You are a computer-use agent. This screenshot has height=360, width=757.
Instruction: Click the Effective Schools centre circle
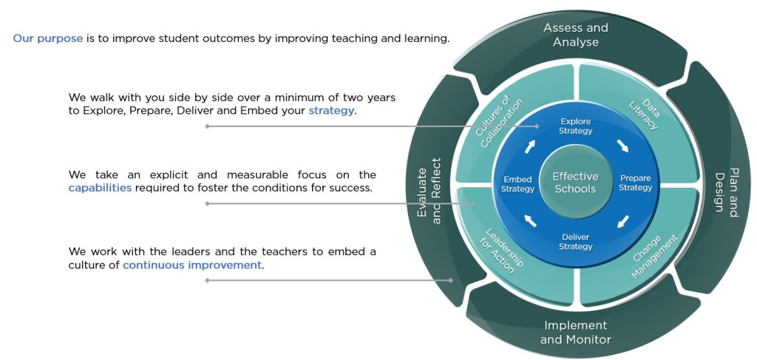(x=575, y=183)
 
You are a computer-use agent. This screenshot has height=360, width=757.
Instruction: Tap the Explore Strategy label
(x=575, y=126)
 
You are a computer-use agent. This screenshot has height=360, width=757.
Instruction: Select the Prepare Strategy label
(x=635, y=183)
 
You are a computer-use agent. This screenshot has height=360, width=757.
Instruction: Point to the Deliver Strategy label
(x=575, y=242)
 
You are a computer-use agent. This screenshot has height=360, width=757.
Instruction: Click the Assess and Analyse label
(x=575, y=35)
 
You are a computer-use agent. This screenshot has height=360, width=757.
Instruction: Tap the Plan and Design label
(x=727, y=192)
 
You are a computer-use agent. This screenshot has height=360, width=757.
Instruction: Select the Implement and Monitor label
(x=575, y=333)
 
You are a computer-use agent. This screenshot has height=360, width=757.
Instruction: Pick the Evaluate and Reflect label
(x=430, y=191)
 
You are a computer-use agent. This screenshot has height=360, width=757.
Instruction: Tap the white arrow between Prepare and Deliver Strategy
(x=623, y=222)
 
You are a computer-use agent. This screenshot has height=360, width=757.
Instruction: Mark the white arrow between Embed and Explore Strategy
(x=530, y=146)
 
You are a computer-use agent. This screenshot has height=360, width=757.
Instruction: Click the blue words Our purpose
(x=48, y=38)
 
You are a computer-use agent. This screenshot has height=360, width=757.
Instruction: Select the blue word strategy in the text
(x=331, y=110)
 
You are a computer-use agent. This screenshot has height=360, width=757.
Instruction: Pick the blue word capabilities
(x=100, y=188)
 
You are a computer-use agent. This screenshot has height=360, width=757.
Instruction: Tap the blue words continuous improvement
(x=192, y=265)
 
